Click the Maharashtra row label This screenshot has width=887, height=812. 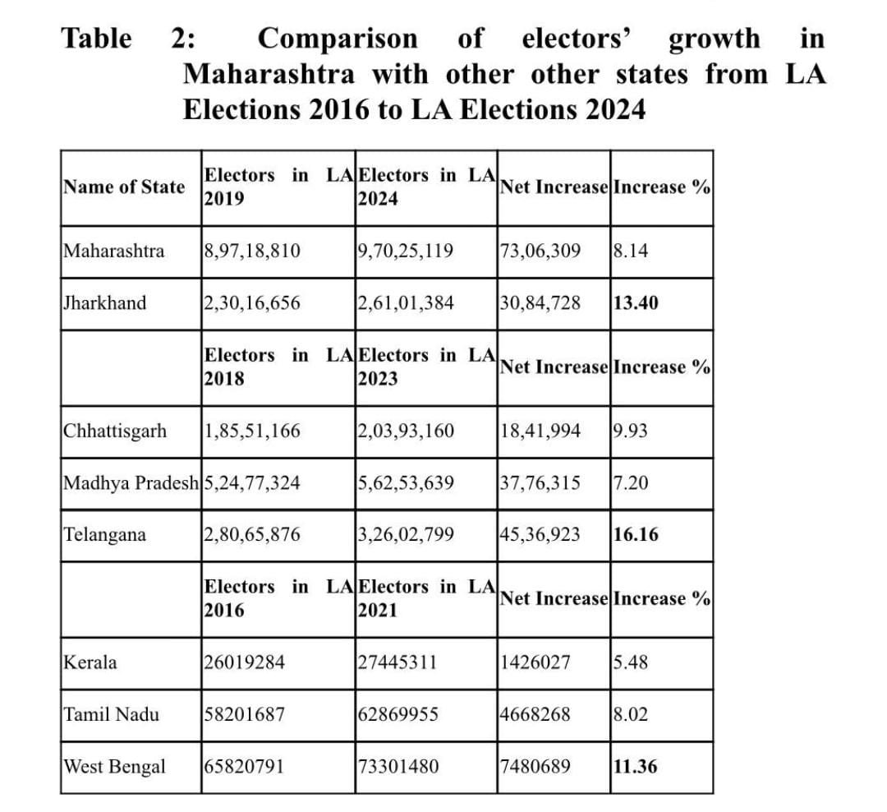114,251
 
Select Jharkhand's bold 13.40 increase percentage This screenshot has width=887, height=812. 636,303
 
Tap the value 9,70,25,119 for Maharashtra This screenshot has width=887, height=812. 406,251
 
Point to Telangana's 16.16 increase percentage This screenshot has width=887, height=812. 636,535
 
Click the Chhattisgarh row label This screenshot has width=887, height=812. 114,431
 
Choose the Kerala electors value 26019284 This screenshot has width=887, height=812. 244,662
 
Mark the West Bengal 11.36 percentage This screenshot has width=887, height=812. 636,768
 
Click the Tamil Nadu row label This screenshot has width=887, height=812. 112,715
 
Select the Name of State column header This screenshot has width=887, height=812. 124,187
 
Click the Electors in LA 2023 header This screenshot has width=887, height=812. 426,367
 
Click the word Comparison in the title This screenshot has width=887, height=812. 338,39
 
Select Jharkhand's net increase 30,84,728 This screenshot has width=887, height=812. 540,303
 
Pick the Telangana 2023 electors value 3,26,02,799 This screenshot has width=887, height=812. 406,535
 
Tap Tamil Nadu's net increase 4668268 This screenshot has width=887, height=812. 535,715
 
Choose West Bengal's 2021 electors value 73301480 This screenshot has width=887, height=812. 398,768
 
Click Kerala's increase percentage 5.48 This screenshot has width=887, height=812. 631,662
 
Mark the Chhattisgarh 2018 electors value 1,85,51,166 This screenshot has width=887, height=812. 252,431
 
